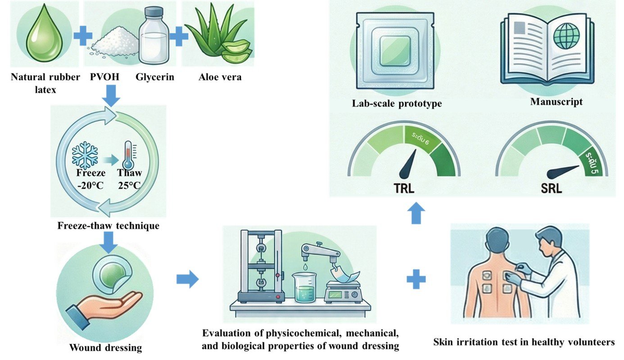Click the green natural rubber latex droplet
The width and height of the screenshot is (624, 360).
44,35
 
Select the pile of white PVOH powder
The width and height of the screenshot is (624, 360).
115,41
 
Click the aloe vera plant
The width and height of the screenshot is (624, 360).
219,33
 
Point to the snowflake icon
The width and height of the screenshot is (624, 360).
85,155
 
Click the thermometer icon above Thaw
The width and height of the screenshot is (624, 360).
128,155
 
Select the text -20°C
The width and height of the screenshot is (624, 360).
90,186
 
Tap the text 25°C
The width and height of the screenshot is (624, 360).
129,186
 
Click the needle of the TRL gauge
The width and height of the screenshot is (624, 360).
408,165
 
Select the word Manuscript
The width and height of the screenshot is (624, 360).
556,101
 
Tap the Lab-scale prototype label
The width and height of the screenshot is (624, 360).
397,104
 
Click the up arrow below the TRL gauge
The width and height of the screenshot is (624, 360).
416,213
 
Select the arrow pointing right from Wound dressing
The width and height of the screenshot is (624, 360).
187,279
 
